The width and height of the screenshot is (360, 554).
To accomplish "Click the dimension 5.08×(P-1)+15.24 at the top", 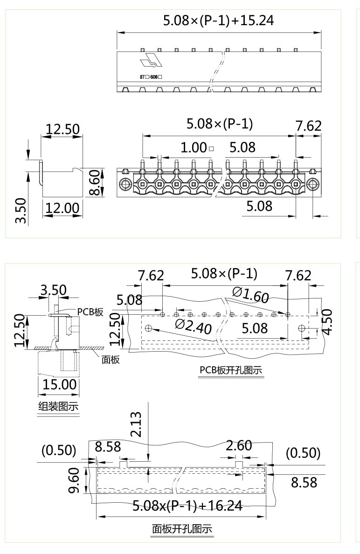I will [218, 21].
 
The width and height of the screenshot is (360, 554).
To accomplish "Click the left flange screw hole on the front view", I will [125, 185].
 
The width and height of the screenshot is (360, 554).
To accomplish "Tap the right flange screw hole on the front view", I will [313, 185].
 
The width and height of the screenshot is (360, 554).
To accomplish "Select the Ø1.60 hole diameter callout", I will [250, 295].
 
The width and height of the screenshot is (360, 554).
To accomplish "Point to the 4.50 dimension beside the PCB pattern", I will [327, 321].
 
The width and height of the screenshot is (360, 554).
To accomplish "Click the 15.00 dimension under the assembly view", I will [59, 385].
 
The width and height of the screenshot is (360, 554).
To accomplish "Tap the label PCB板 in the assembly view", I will [90, 312].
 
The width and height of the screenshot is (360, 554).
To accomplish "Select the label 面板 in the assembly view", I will [111, 360].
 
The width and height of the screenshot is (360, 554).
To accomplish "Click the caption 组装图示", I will [58, 407].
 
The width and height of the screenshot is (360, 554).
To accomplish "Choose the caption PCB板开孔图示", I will [230, 370].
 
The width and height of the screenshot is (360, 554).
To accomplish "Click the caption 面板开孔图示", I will [182, 529].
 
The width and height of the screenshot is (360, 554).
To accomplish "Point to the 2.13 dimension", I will [136, 425].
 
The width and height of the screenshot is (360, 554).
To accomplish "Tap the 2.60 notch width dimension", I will [239, 446].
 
